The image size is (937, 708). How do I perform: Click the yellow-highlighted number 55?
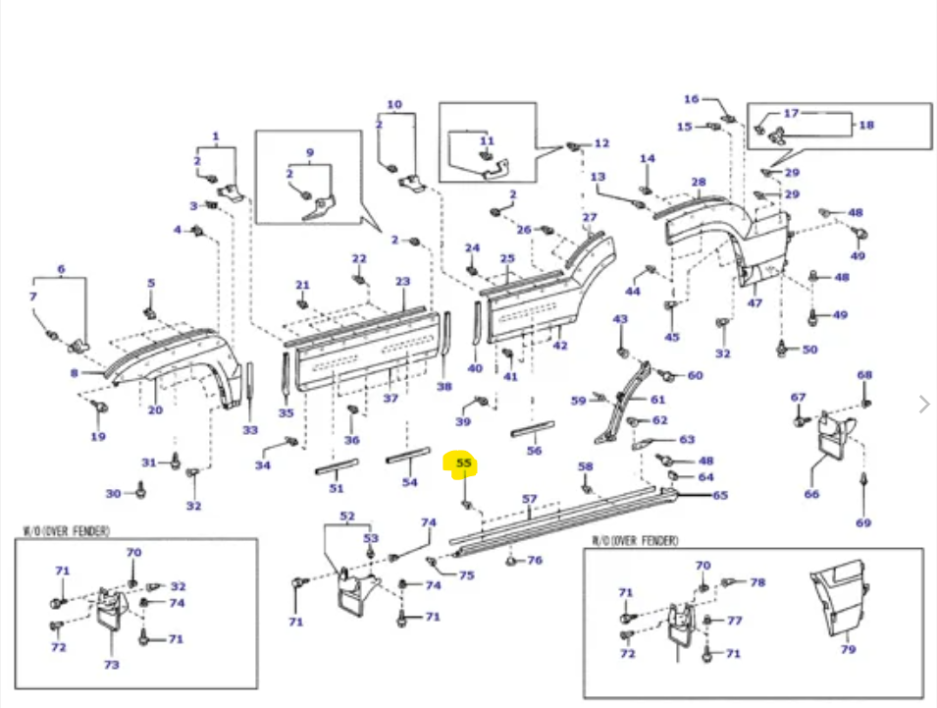464,463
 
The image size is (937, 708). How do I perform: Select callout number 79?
848,649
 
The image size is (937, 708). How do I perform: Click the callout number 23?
402,281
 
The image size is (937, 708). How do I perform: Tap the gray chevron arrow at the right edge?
922,404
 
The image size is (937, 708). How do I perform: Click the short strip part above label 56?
533,429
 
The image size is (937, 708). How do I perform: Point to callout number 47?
755,303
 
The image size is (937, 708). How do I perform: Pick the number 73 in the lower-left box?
112,665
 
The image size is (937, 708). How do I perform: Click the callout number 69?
863,522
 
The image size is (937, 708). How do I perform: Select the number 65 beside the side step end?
720,495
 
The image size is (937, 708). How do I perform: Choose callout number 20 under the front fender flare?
155,409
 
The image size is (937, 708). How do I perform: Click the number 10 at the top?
394,104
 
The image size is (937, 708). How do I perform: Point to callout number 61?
657,400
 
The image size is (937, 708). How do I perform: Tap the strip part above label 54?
408,455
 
